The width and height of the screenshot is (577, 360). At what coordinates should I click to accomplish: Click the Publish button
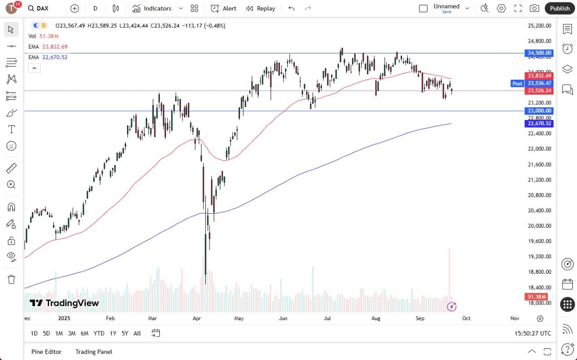[x=560, y=8]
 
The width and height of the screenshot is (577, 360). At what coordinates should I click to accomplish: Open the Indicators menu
[x=152, y=8]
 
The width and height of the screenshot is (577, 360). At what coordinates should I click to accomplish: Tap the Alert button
[x=224, y=8]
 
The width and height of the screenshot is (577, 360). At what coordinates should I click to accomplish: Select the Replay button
[x=261, y=8]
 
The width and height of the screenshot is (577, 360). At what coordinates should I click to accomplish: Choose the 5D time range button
[x=46, y=333]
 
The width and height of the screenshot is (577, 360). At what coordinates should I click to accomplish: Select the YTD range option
[x=99, y=333]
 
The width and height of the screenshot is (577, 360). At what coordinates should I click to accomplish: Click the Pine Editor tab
[x=46, y=352]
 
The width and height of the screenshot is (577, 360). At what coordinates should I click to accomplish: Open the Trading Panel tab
[x=94, y=352]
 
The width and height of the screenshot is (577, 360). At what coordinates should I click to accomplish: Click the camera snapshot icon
[x=534, y=8]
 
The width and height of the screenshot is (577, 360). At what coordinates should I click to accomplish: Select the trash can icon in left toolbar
[x=12, y=279]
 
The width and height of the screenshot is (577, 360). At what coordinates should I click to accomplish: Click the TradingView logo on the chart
[x=64, y=303]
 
